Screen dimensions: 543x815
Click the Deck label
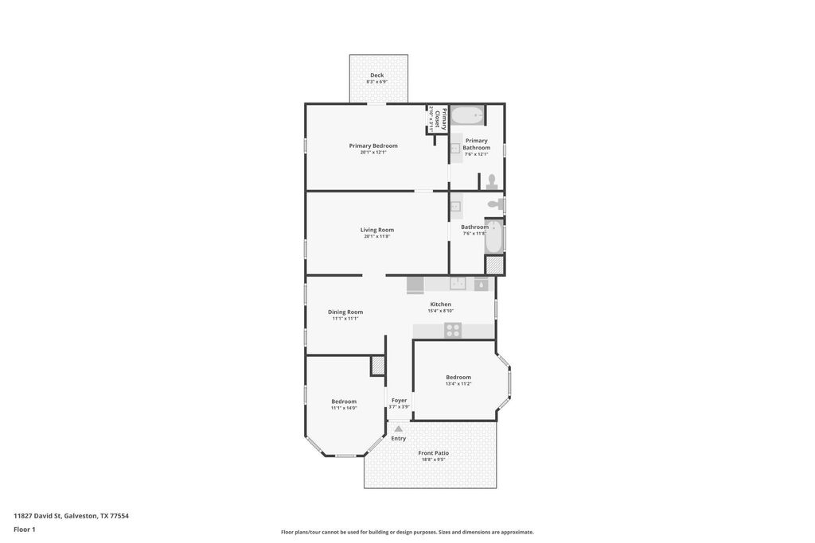coord(376,76)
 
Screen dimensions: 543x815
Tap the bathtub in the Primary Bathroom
coord(467,117)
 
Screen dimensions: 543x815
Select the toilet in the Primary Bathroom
coord(492,182)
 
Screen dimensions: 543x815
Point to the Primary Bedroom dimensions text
coord(373,153)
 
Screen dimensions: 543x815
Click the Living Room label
coord(377,230)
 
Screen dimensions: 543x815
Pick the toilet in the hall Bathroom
coord(494,205)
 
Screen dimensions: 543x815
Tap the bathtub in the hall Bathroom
coord(493,236)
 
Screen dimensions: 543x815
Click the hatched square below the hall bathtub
coord(494,266)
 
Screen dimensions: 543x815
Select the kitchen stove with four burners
coord(453,330)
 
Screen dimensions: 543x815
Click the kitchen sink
coord(458,284)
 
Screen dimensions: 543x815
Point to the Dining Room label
coord(345,312)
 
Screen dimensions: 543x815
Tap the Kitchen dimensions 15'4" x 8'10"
coord(440,311)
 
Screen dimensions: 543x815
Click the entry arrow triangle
coord(399,429)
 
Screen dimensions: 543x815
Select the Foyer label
coord(399,401)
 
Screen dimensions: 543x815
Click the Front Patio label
coord(434,453)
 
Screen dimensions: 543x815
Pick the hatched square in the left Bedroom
coord(377,366)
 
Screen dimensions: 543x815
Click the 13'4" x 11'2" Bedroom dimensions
coord(458,384)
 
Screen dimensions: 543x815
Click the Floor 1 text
coord(25,529)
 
